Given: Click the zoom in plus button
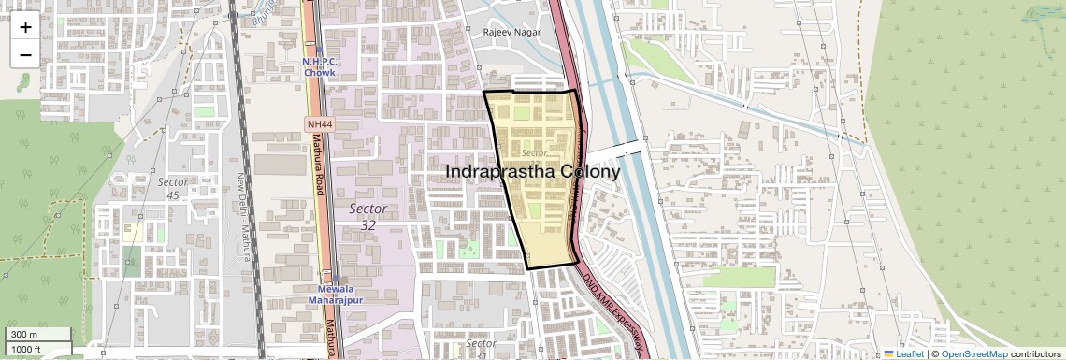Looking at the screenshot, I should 25,26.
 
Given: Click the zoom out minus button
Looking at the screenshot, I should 25,54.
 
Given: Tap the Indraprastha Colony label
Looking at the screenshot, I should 532,172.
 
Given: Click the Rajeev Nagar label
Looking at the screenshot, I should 511,32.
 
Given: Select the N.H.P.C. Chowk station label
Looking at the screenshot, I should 319,66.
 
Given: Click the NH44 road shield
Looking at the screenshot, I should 319,123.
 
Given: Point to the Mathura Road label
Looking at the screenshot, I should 318,169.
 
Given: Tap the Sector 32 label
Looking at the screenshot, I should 367,215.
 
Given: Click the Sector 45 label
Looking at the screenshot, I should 173,188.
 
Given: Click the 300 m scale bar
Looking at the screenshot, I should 37,335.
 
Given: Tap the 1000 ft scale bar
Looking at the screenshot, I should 37,349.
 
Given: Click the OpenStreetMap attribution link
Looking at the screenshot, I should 973,354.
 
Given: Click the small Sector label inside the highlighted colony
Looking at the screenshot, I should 534,152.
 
